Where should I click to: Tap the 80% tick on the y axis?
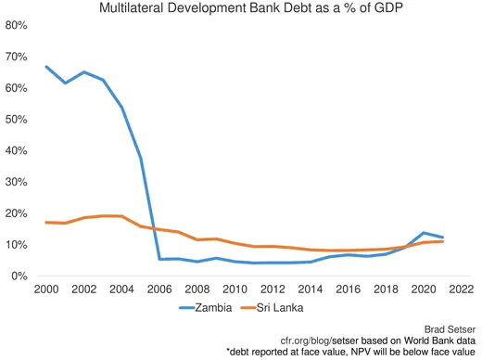(x=17, y=25)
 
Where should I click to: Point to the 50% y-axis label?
(x=17, y=119)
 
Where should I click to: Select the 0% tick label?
(x=20, y=276)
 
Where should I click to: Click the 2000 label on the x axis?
(x=44, y=289)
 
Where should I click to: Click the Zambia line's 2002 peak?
(x=83, y=71)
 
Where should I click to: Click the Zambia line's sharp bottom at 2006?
(x=159, y=259)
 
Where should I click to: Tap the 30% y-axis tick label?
(x=17, y=182)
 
